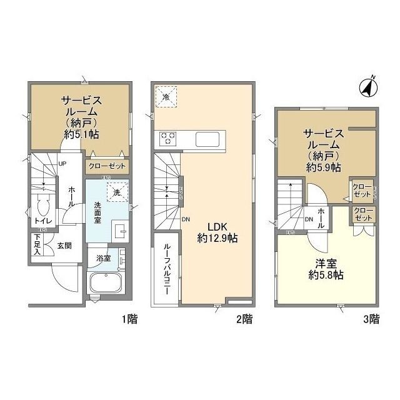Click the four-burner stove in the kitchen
point(168,138)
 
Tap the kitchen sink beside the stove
point(207,139)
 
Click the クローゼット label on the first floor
point(107,167)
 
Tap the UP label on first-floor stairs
point(62,164)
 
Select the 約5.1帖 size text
point(81,134)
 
